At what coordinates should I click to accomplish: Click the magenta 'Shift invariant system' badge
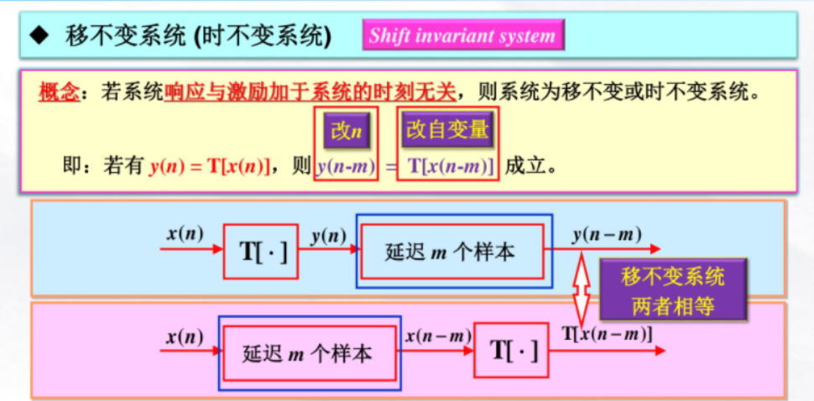pos(463,36)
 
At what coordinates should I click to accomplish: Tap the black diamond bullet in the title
pos(38,36)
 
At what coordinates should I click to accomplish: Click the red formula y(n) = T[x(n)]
pos(211,166)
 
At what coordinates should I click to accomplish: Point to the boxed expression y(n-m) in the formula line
pos(347,166)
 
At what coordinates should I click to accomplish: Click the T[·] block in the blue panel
pos(261,251)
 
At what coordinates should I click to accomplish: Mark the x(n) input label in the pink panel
pos(185,336)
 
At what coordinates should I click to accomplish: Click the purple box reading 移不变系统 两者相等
pos(673,290)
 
